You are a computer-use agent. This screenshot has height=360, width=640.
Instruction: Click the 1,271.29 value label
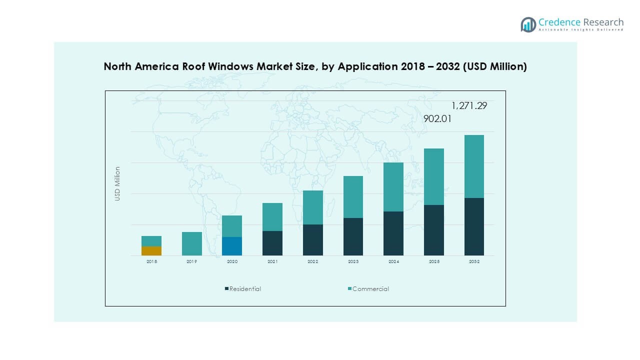click(x=469, y=105)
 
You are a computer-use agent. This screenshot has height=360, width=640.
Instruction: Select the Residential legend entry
click(x=245, y=288)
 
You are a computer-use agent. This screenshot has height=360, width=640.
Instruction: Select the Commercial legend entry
click(x=370, y=288)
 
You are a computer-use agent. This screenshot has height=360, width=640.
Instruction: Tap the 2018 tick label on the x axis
click(x=151, y=262)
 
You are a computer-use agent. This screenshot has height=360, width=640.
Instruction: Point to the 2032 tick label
click(x=474, y=262)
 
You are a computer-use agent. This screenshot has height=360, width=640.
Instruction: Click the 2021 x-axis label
click(x=272, y=262)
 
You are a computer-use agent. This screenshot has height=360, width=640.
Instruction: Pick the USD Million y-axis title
click(x=117, y=183)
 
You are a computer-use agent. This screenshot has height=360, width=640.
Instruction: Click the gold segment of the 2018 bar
click(x=151, y=251)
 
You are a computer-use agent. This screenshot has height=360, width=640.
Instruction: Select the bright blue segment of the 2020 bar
click(x=232, y=246)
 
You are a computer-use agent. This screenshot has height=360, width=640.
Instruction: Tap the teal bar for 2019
click(x=191, y=243)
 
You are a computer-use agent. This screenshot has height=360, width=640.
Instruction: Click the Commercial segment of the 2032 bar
click(x=474, y=166)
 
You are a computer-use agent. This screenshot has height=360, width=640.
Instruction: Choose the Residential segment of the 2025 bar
click(x=433, y=230)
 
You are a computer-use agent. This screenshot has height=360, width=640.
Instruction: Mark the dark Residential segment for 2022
click(x=312, y=240)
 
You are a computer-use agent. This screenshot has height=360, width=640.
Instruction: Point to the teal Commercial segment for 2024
click(x=393, y=187)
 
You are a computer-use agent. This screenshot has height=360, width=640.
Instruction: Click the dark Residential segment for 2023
click(x=353, y=236)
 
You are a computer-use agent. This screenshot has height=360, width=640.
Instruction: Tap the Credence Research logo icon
click(x=528, y=24)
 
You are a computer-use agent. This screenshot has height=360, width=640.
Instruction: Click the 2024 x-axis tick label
click(x=393, y=262)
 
